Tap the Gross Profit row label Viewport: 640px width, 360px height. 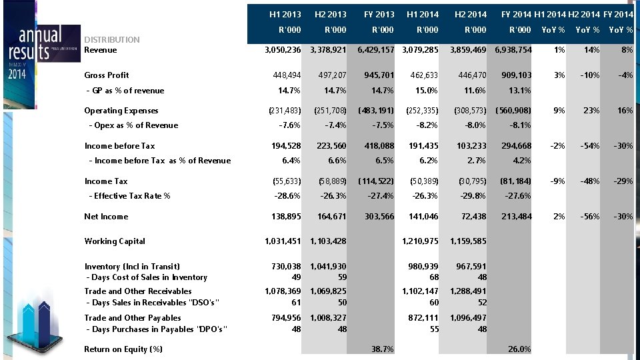tap(107, 75)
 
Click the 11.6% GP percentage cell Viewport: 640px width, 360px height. tap(473, 91)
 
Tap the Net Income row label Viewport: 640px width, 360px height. tap(106, 217)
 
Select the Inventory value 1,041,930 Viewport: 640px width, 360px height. tap(328, 267)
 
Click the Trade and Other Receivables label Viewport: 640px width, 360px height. tap(138, 291)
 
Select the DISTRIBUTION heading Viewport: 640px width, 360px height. tap(112, 39)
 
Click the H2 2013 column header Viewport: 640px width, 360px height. tap(330, 14)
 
